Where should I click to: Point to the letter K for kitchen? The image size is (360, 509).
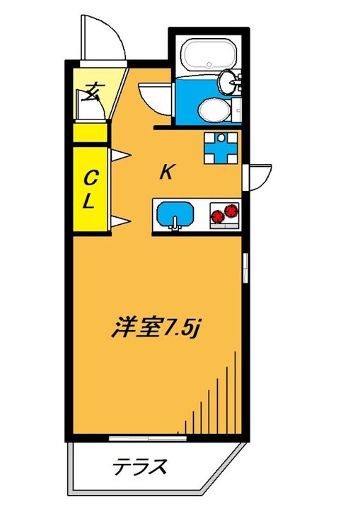166,172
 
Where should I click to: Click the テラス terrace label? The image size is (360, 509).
141,467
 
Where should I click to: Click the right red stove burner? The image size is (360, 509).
231,211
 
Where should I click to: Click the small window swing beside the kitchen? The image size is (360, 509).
258,175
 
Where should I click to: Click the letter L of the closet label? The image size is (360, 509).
89,201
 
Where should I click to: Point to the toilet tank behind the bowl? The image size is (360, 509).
236,110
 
